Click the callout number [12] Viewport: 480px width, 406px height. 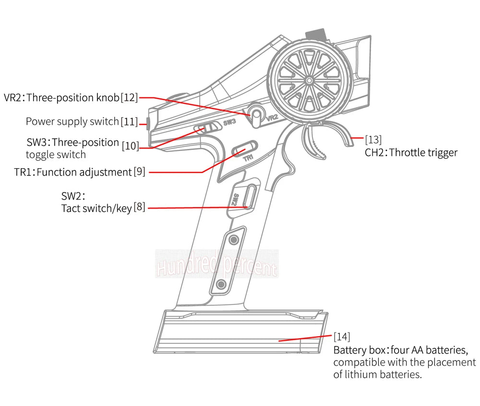(129, 98)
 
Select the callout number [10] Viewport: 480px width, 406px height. (130, 146)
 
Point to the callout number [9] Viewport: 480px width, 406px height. (139, 172)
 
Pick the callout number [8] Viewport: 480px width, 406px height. (139, 207)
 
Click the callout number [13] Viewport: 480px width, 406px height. (373, 140)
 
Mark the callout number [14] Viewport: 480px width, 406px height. (342, 336)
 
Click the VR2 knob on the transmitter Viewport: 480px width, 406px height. (257, 115)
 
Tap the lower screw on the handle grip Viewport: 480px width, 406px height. (221, 285)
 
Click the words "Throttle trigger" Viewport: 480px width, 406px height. (423, 153)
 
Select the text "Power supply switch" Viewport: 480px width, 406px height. (72, 122)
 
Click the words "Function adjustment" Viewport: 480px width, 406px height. (84, 172)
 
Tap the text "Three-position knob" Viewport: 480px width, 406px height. (73, 98)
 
